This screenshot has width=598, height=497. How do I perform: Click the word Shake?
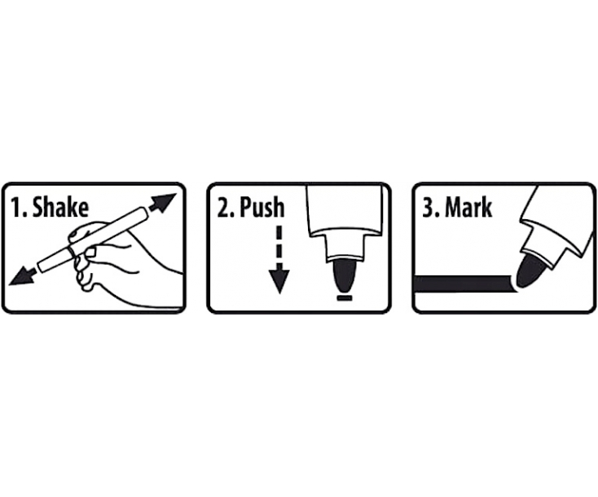tap(60, 208)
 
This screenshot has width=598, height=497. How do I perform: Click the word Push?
tap(262, 208)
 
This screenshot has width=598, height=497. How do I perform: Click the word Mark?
tap(468, 208)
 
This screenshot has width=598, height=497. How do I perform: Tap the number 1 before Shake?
tap(17, 208)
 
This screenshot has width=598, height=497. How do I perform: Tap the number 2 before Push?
tap(224, 208)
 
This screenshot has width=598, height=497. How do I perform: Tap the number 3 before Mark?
tap(429, 208)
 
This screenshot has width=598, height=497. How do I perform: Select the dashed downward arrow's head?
tap(279, 281)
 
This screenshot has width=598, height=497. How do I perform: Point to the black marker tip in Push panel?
tap(344, 275)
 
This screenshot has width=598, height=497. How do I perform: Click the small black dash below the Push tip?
tap(345, 297)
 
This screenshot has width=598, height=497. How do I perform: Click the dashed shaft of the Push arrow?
tap(279, 247)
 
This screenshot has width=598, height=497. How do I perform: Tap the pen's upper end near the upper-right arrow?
tap(143, 213)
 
